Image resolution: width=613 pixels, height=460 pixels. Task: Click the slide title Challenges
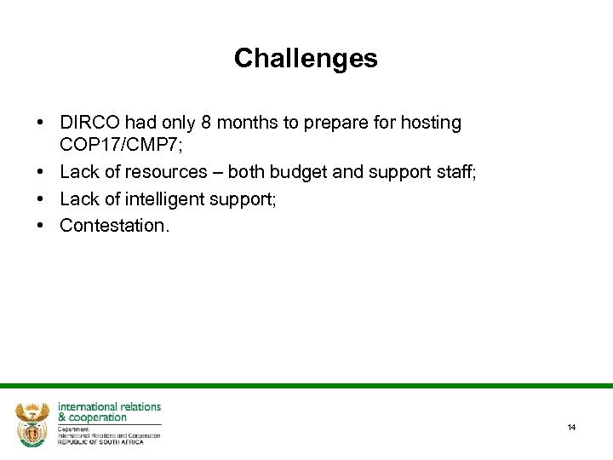click(306, 58)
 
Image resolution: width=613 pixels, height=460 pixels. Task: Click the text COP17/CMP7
click(126, 145)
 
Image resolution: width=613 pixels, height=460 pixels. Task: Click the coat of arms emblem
click(32, 423)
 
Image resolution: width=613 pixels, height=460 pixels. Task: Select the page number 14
click(571, 427)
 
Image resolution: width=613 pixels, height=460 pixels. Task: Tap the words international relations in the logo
click(109, 406)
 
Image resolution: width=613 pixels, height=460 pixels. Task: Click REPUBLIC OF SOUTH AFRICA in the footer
click(100, 442)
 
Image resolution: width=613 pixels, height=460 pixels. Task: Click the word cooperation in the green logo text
click(98, 417)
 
